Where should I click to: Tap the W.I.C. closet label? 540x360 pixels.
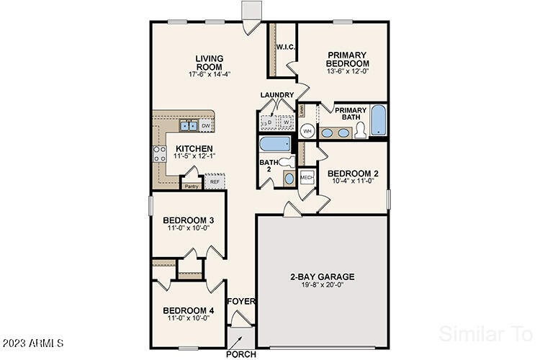(x=282, y=48)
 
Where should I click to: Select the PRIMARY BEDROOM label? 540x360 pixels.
(x=347, y=59)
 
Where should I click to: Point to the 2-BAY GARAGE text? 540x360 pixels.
(x=323, y=276)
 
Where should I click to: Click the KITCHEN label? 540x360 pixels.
(x=194, y=148)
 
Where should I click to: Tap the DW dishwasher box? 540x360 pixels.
(x=205, y=126)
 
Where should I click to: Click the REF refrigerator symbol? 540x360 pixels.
(x=214, y=182)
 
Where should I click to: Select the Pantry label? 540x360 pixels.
(x=191, y=186)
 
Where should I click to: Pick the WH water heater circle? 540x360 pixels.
(x=307, y=131)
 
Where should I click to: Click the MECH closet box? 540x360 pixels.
(x=306, y=177)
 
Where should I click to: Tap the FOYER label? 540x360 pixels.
(x=241, y=302)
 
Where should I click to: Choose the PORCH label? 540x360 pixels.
(x=241, y=354)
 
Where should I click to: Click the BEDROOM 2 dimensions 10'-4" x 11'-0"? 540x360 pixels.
(x=353, y=182)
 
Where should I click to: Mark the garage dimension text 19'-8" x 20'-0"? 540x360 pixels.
(x=323, y=286)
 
